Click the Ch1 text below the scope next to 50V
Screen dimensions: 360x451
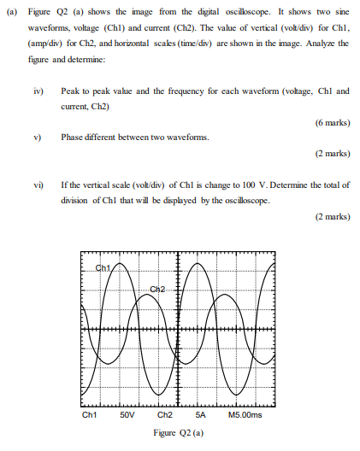tap(90, 416)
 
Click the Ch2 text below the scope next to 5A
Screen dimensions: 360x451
tap(166, 416)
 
